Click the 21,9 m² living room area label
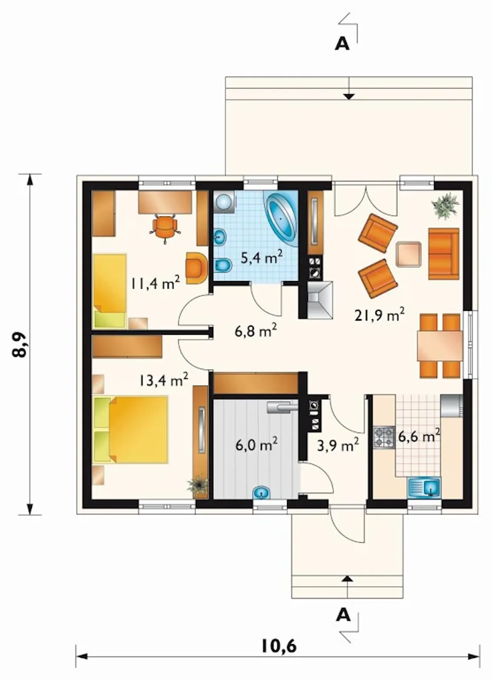pos(379,315)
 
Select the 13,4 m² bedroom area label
pos(163,380)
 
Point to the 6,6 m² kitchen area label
pos(419,437)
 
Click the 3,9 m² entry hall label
pos(338,445)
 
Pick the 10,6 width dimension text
pos(279,646)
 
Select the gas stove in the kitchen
pos(384,437)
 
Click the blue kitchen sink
pos(424,487)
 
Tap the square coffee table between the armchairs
pos(409,254)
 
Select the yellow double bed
pos(131,429)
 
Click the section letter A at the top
pos(342,44)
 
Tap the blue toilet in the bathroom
pos(223,265)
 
